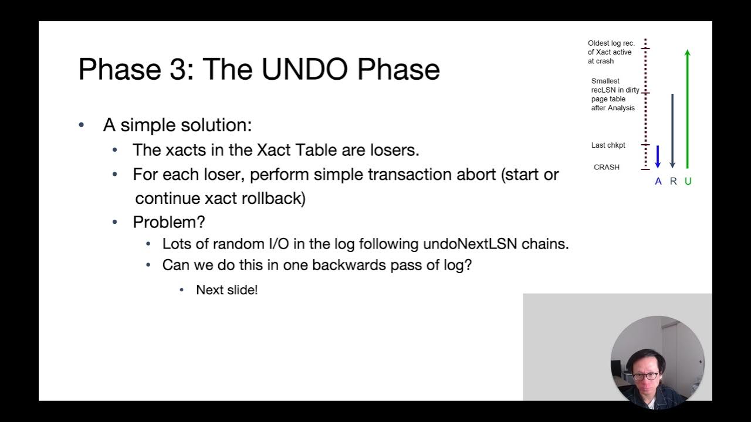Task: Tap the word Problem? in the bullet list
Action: [x=168, y=222]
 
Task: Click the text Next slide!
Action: [x=227, y=290]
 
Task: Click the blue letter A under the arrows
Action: [x=658, y=182]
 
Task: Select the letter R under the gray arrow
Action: [x=673, y=182]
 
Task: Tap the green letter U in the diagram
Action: [x=688, y=182]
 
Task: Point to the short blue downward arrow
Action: [x=658, y=156]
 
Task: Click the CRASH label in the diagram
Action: [x=607, y=167]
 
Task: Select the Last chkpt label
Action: [x=608, y=145]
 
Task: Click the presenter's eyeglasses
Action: [x=645, y=376]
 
